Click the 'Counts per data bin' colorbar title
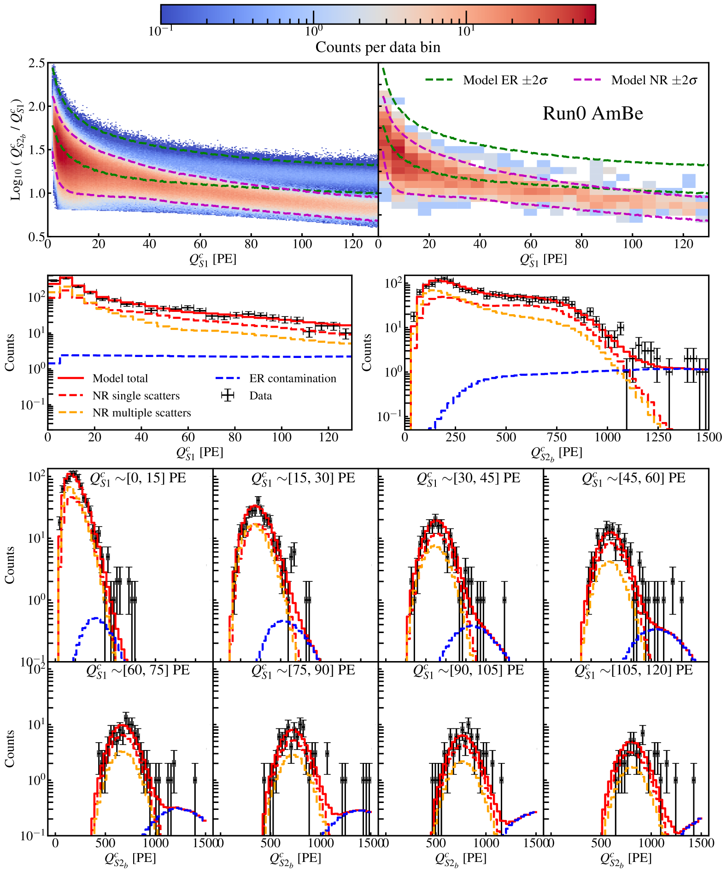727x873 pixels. (378, 47)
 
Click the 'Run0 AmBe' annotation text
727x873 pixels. (592, 113)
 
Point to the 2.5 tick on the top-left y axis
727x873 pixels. (37, 63)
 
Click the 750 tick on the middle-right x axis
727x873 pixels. (557, 437)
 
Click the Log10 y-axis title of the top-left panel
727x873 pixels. (17, 149)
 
